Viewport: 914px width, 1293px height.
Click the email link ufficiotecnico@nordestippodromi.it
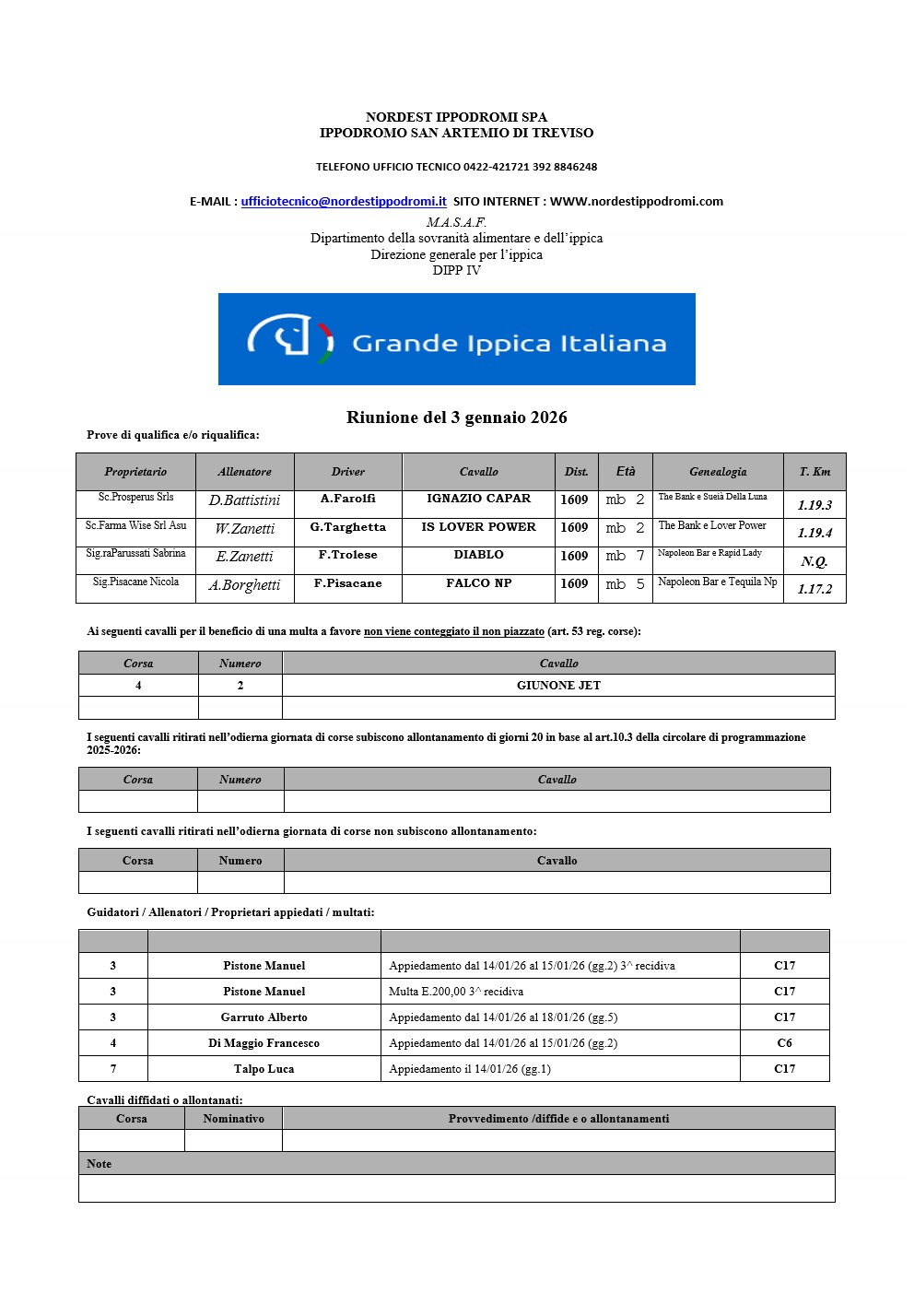point(344,202)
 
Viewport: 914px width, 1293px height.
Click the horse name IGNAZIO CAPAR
point(478,499)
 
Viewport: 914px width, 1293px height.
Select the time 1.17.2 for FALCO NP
point(814,589)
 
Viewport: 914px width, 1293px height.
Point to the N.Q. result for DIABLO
point(814,561)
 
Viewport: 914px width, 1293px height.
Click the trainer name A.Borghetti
point(244,585)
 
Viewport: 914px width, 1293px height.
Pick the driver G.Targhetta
point(347,527)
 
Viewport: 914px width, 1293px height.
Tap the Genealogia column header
point(718,472)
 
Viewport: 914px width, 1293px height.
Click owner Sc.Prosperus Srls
point(135,497)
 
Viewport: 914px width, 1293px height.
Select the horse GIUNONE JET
point(558,686)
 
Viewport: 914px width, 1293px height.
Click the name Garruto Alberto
point(264,1017)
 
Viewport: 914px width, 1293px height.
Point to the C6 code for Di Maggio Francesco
point(784,1043)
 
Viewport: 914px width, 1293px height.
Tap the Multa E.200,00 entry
point(456,992)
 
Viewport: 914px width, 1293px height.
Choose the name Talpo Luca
point(264,1069)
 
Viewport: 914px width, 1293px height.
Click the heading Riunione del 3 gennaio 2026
point(456,417)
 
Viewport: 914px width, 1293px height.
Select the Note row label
point(99,1164)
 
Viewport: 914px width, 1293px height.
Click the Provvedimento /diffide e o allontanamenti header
point(558,1119)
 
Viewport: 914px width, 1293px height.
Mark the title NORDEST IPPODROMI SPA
point(456,117)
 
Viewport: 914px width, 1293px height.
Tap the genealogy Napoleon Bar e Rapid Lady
point(709,553)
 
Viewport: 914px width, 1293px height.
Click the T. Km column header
point(814,472)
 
